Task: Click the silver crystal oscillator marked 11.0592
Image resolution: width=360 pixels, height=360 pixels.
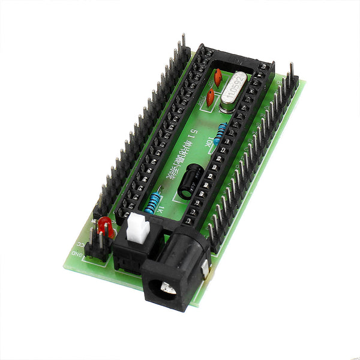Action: (x=233, y=91)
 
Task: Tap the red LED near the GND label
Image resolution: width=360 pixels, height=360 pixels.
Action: (x=105, y=227)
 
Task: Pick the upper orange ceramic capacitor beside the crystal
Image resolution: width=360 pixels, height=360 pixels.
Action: (x=217, y=76)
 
